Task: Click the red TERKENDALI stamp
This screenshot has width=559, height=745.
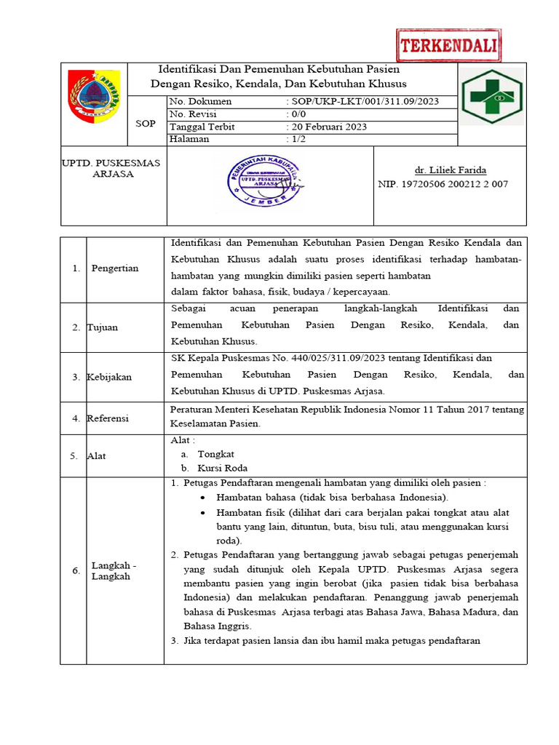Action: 449,47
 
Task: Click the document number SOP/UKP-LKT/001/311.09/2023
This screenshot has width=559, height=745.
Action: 365,102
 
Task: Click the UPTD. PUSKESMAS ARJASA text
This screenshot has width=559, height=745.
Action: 111,168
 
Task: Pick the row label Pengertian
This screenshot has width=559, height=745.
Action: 115,268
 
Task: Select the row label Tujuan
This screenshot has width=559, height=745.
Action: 103,327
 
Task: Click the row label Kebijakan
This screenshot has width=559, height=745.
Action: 108,377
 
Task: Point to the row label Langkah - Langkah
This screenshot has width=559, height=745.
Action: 114,570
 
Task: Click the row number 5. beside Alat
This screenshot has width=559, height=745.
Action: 74,456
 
